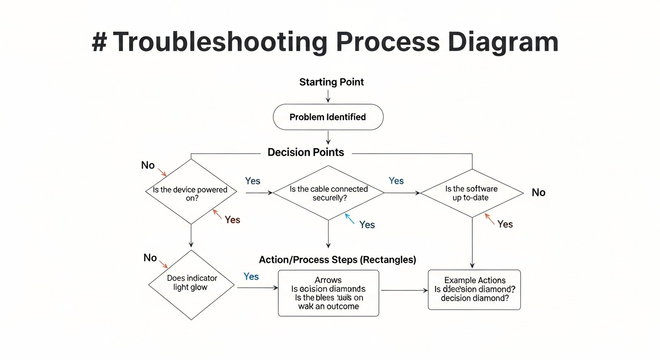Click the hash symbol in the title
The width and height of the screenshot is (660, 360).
(x=99, y=42)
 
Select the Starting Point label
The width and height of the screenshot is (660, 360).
(x=331, y=82)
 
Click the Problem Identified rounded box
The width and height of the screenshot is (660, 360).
(x=328, y=117)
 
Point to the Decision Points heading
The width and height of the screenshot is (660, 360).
(x=306, y=152)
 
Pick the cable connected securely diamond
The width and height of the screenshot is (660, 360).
(x=328, y=193)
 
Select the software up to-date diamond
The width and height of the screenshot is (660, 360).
(x=472, y=193)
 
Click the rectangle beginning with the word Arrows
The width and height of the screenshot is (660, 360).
(x=328, y=293)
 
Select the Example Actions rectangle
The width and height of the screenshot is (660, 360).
(x=474, y=289)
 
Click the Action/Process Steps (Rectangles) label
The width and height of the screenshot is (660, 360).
(x=337, y=259)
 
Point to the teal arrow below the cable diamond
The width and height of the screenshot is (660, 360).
(x=350, y=218)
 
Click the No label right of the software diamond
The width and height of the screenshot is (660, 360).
(x=538, y=193)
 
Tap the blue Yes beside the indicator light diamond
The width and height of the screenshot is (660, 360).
(x=251, y=277)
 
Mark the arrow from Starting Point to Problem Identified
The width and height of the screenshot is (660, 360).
(x=328, y=96)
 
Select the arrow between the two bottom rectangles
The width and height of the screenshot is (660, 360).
(x=404, y=291)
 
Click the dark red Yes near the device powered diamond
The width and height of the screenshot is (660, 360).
(x=232, y=220)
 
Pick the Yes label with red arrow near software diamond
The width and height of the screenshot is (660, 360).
(x=505, y=224)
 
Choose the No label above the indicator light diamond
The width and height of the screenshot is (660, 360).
(x=150, y=258)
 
